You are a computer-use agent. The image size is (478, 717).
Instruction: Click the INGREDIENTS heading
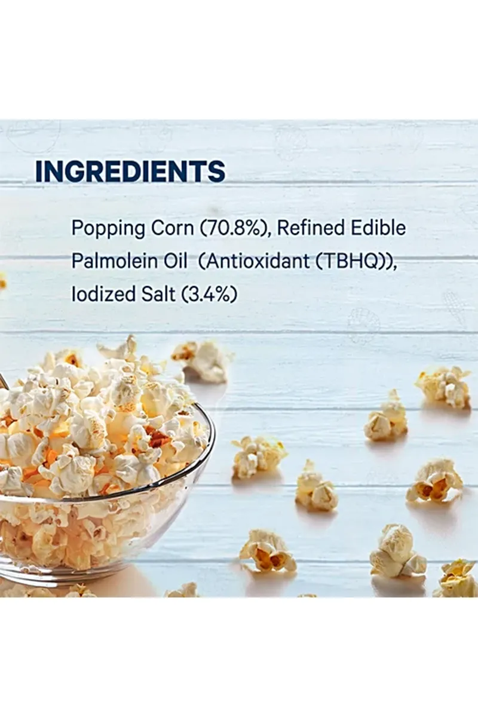click(x=131, y=171)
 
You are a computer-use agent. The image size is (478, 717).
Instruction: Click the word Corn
click(x=172, y=228)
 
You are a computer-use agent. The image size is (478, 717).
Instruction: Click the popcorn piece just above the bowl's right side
click(x=203, y=361)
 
